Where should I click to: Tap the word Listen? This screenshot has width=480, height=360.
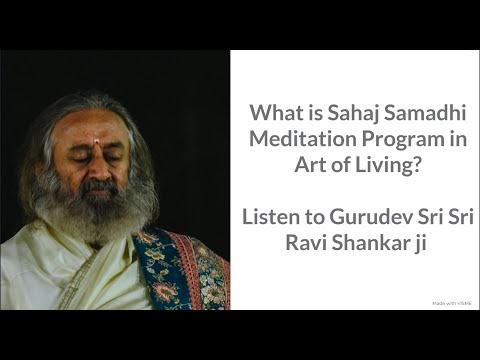tap(279, 213)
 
